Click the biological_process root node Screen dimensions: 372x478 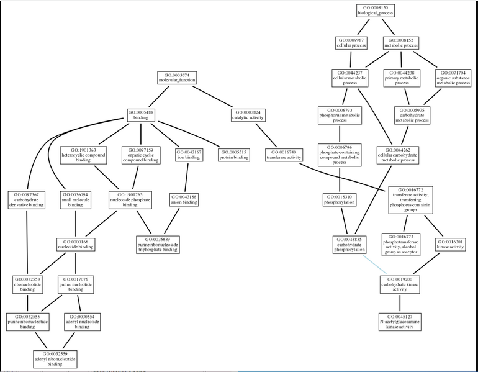pos(375,11)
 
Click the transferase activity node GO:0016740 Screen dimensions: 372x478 pos(283,154)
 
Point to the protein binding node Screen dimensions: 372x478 pos(233,154)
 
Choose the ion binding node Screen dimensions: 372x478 pos(189,154)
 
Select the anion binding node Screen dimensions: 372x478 pos(184,199)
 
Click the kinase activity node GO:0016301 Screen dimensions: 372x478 pos(451,243)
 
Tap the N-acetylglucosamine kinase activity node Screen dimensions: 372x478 pos(400,322)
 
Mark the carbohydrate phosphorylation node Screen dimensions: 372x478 pos(349,243)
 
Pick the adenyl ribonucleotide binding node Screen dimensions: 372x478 pos(55,358)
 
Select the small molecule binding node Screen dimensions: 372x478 pos(75,199)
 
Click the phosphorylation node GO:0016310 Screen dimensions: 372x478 pos(339,199)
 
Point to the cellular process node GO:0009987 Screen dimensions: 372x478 pos(351,42)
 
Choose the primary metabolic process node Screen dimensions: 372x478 pos(401,78)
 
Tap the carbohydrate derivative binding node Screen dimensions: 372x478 pos(27,199)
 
